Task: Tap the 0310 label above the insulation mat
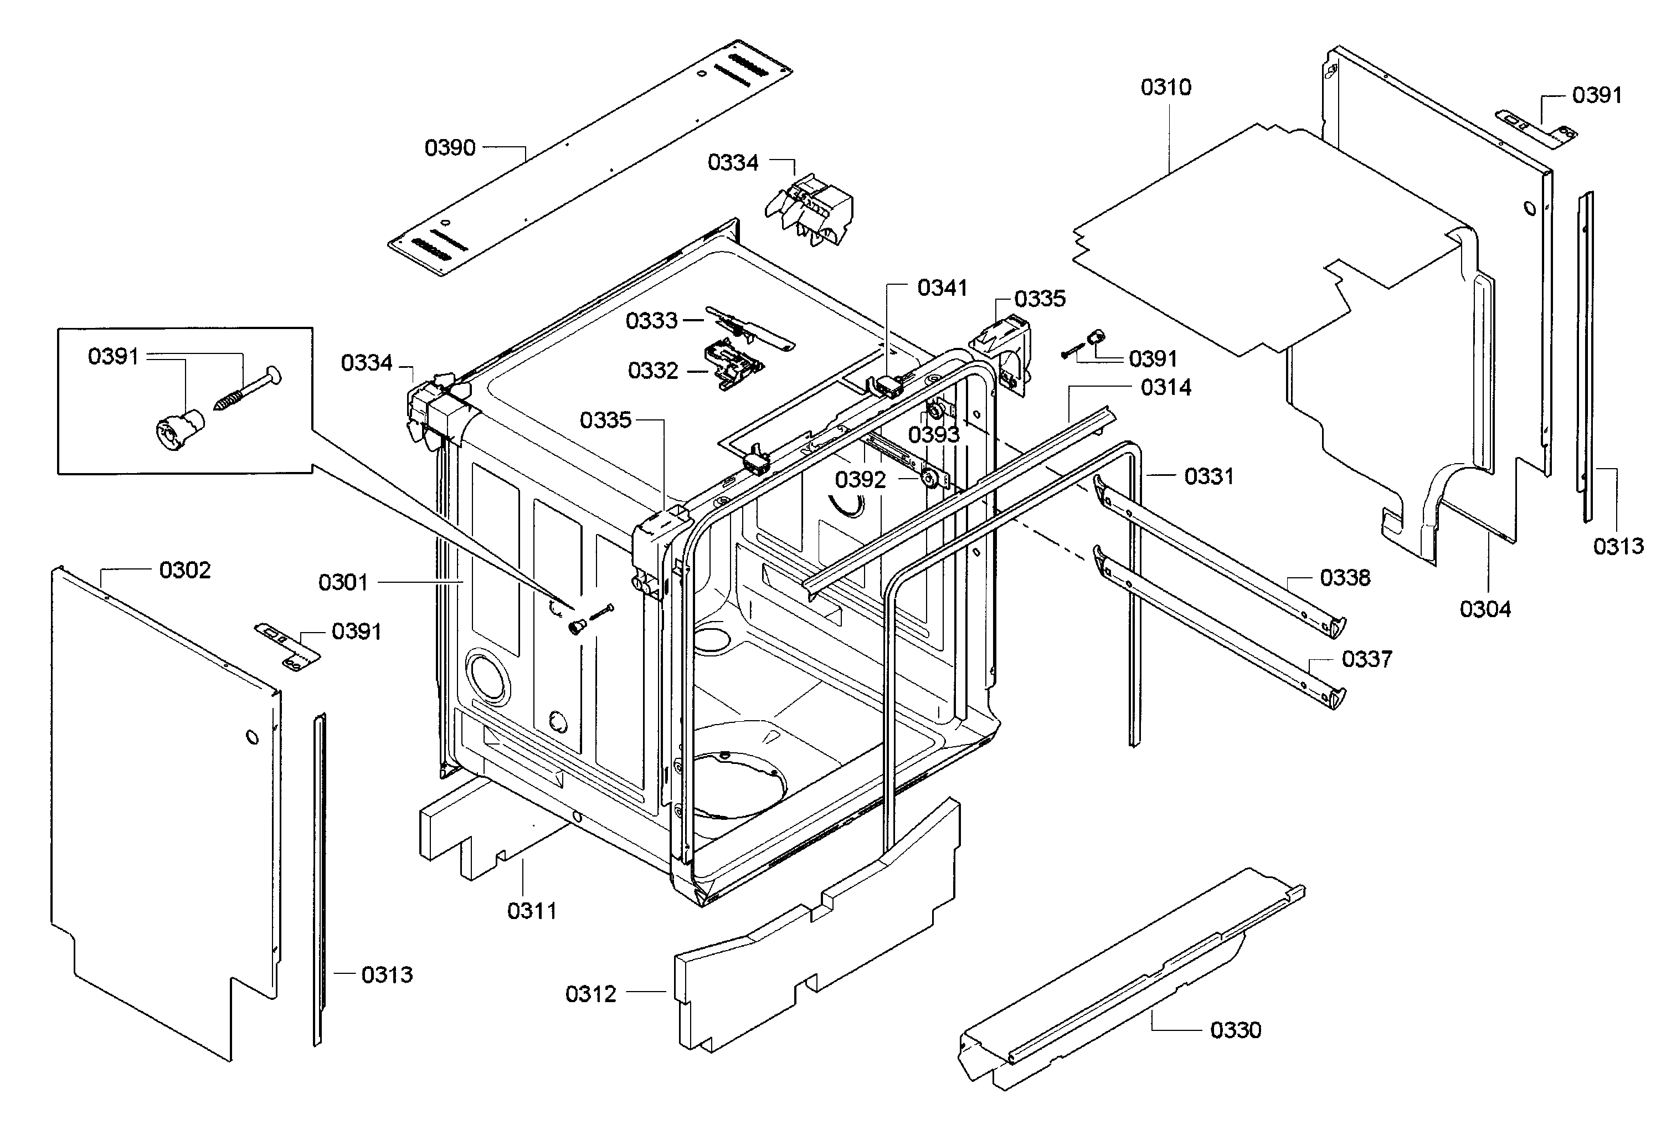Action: click(1166, 87)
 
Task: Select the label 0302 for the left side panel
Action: click(184, 570)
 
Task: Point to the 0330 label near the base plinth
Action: click(1236, 1030)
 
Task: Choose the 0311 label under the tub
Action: click(532, 911)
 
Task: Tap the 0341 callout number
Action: click(942, 288)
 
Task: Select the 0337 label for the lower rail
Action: click(1366, 659)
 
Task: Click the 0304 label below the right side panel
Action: click(1485, 609)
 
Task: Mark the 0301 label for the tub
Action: click(343, 582)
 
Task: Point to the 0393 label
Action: click(933, 435)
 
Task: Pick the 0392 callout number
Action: click(860, 480)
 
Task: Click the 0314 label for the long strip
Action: click(1166, 388)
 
